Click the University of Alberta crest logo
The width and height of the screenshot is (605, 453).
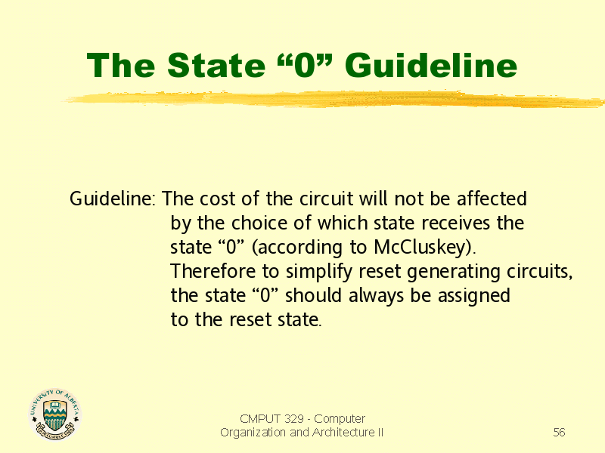pos(54,414)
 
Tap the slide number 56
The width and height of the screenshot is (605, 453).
pos(559,432)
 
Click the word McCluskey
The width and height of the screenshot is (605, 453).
pos(422,247)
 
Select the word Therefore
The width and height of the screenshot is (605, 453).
pos(213,271)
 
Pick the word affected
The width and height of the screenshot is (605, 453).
pos(492,199)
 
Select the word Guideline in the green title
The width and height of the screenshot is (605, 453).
pos(431,65)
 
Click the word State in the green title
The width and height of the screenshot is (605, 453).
pos(216,65)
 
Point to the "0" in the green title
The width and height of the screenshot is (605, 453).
pos(305,65)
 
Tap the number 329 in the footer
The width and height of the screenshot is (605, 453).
pos(293,418)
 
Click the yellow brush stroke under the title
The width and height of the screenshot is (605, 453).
pos(334,99)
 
